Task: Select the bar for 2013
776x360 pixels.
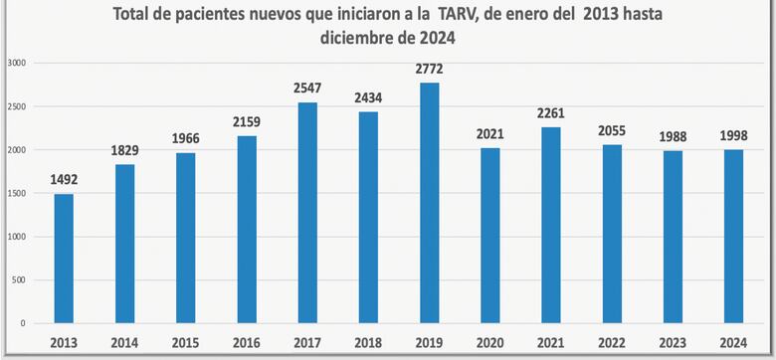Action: (64, 259)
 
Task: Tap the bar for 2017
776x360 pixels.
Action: (306, 213)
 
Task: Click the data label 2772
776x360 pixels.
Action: (428, 70)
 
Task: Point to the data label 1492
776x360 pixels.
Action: (64, 181)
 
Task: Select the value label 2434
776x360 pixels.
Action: (367, 99)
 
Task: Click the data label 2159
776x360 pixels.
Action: (246, 123)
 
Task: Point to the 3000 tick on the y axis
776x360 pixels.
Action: (17, 63)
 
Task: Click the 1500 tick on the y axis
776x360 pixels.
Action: (17, 193)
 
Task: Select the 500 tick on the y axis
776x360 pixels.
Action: (20, 280)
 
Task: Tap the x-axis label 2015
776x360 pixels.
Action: (185, 341)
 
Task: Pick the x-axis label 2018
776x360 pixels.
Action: (367, 341)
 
